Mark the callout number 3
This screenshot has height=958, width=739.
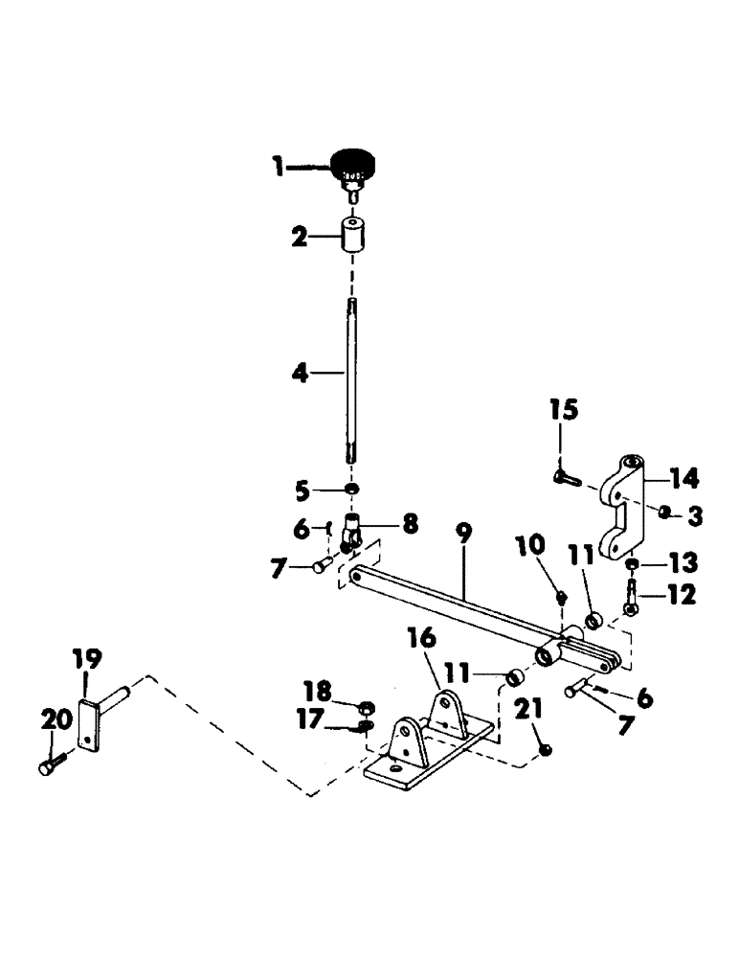[x=695, y=516]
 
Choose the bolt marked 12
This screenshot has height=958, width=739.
[x=632, y=600]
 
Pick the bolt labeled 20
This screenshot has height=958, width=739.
[x=51, y=767]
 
